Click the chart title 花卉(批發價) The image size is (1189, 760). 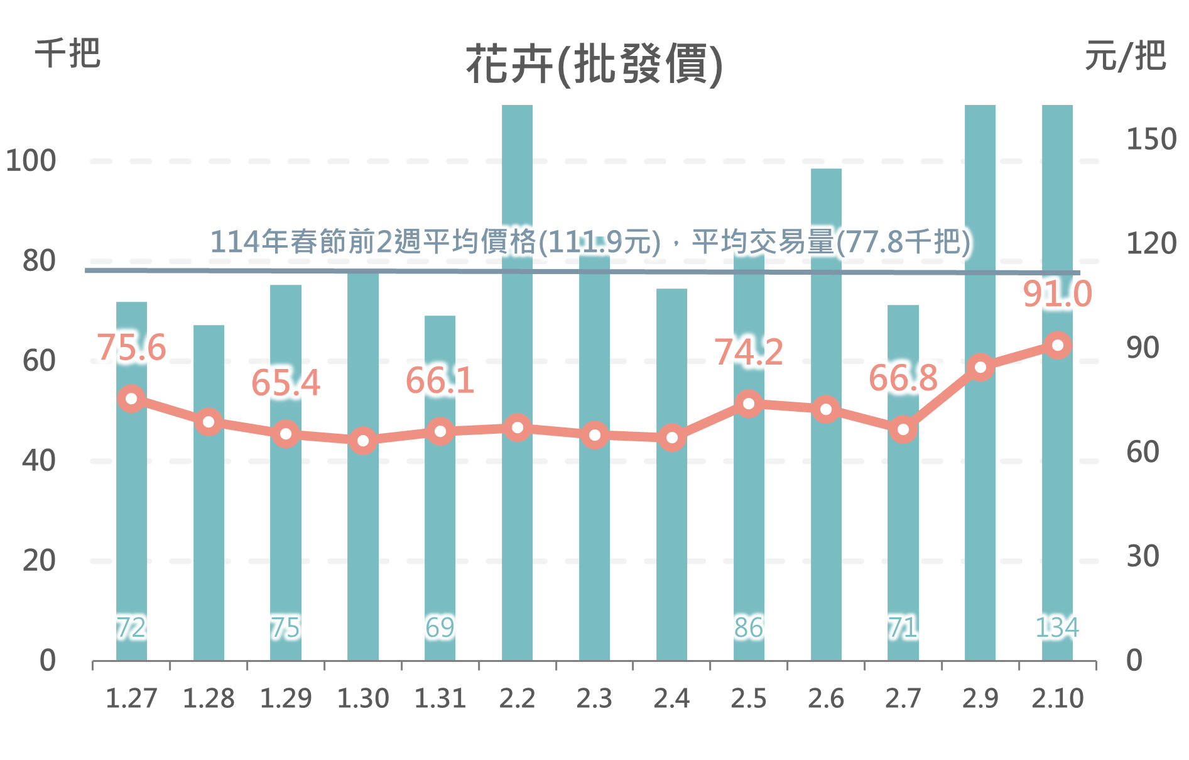point(594,63)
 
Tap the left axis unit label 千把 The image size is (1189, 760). point(67,53)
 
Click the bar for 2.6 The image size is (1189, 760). point(826,534)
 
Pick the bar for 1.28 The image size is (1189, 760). point(209,534)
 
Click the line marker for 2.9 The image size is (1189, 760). point(980,367)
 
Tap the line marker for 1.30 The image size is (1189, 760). point(363,441)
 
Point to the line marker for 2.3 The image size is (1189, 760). point(594,435)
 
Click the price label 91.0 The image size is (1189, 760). point(1058,294)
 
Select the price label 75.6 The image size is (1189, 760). point(131,348)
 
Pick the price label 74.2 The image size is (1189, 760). point(749,352)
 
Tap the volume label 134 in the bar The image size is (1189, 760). point(1057,627)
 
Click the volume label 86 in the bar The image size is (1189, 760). point(749,627)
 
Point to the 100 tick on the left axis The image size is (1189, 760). point(31,161)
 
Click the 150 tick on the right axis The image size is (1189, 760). point(1151,139)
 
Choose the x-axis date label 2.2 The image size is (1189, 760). point(517,698)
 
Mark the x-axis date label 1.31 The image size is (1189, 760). point(440,698)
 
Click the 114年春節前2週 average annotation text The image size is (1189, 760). point(590,241)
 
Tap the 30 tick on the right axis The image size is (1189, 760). point(1143,556)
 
